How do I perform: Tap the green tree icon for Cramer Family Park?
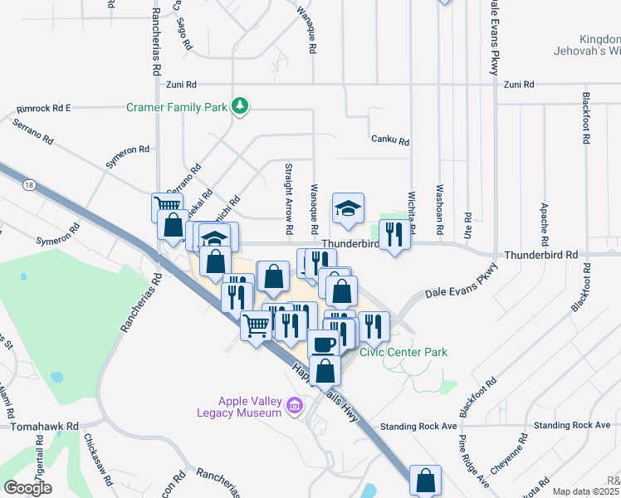click(240, 105)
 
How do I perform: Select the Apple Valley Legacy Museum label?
click(239, 407)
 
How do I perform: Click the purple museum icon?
click(293, 406)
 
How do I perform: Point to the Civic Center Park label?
click(403, 352)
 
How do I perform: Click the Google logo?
click(28, 488)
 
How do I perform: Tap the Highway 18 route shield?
click(30, 183)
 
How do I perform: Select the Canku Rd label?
click(390, 142)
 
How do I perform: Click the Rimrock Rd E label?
click(43, 109)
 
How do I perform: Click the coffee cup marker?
click(322, 342)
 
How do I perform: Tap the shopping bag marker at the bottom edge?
click(425, 480)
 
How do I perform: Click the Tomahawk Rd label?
click(44, 426)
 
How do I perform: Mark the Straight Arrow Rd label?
click(289, 198)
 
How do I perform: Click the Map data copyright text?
click(586, 491)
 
